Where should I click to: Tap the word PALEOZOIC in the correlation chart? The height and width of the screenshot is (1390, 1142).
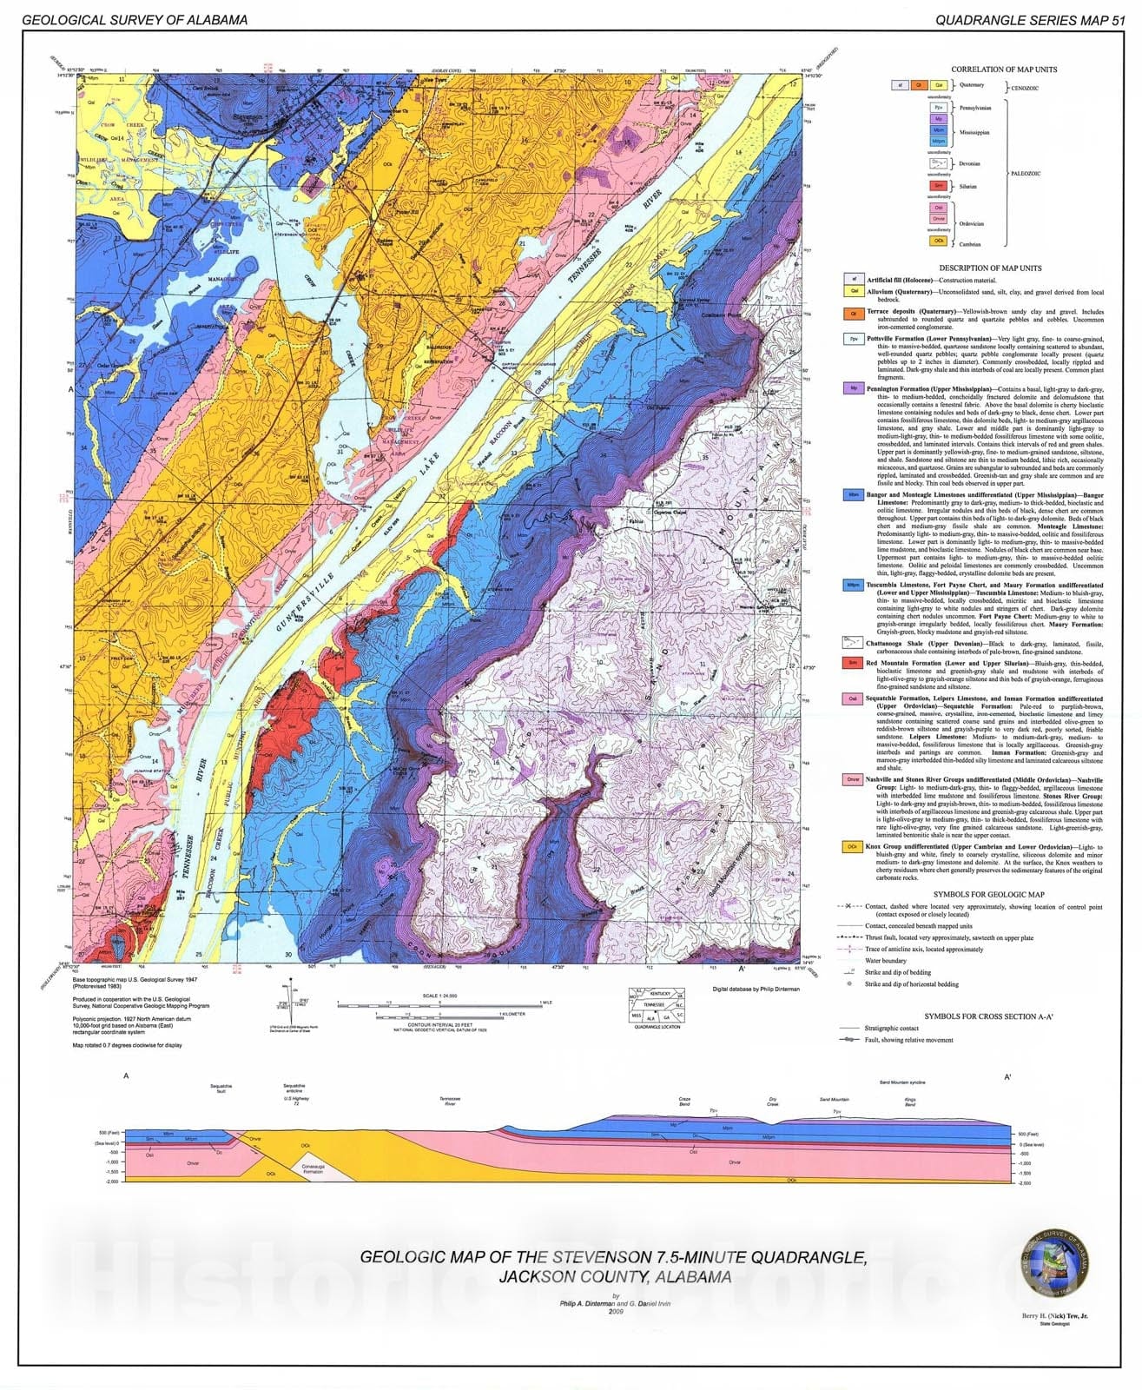pos(1030,173)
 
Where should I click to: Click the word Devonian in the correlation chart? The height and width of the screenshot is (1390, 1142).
pos(969,163)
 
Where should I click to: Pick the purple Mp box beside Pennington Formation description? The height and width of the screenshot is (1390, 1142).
pos(853,388)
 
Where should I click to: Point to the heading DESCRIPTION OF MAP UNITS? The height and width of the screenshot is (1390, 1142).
pos(1002,268)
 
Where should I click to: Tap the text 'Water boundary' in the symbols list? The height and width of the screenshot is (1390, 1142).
pos(887,961)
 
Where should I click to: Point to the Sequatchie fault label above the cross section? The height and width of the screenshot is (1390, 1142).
pos(221,1089)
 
